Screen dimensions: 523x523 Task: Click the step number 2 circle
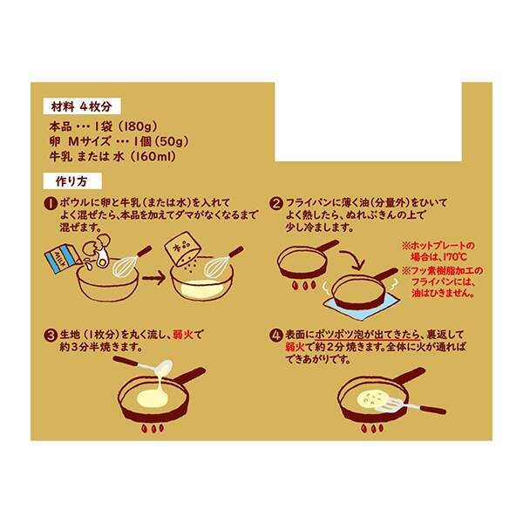pyautogui.click(x=275, y=203)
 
